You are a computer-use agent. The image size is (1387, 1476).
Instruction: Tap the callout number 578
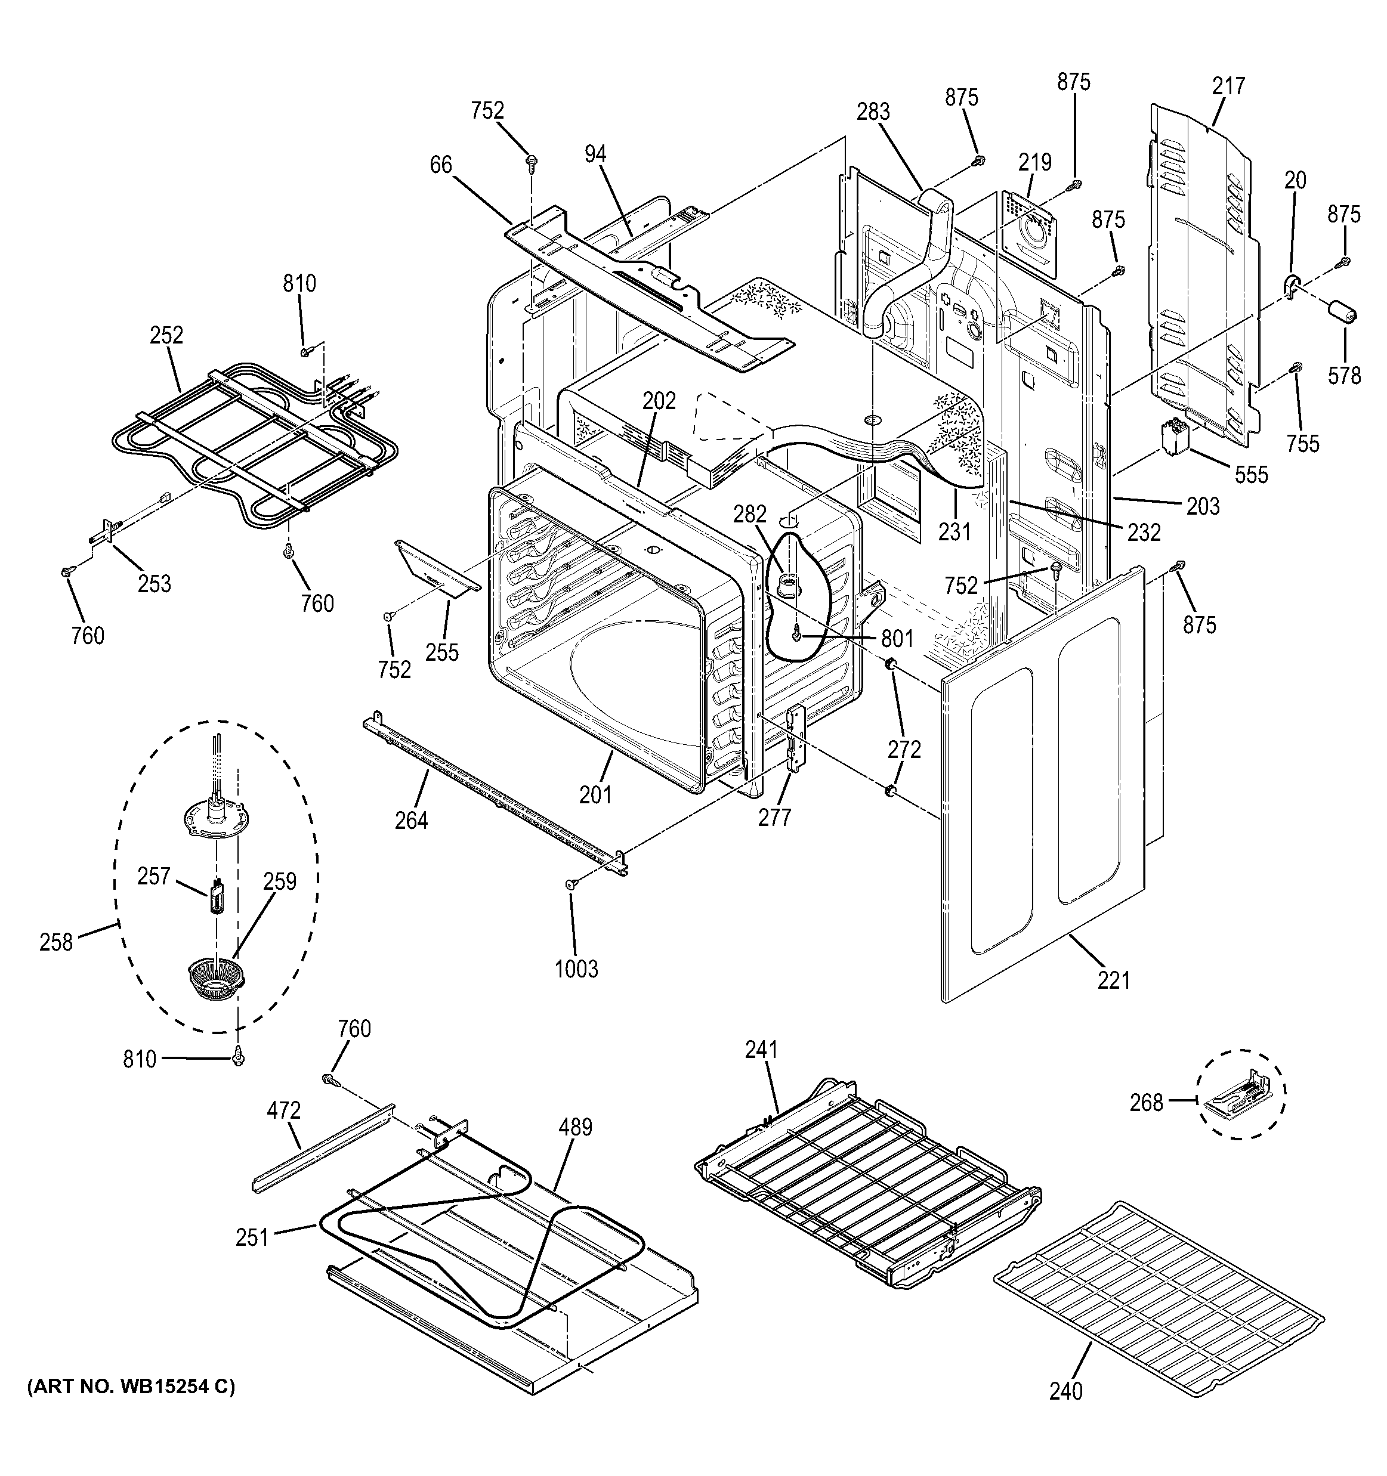(x=1345, y=376)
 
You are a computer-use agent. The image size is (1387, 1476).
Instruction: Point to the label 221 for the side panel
(x=1114, y=981)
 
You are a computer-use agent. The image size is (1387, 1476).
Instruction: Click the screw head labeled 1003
(x=572, y=884)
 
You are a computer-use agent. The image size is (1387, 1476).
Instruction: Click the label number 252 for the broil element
(x=166, y=336)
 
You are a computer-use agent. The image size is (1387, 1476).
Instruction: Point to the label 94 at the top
(x=595, y=154)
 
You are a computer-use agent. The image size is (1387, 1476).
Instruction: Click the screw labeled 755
(x=1296, y=367)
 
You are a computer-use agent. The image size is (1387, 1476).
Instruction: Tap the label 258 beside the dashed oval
(x=57, y=942)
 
